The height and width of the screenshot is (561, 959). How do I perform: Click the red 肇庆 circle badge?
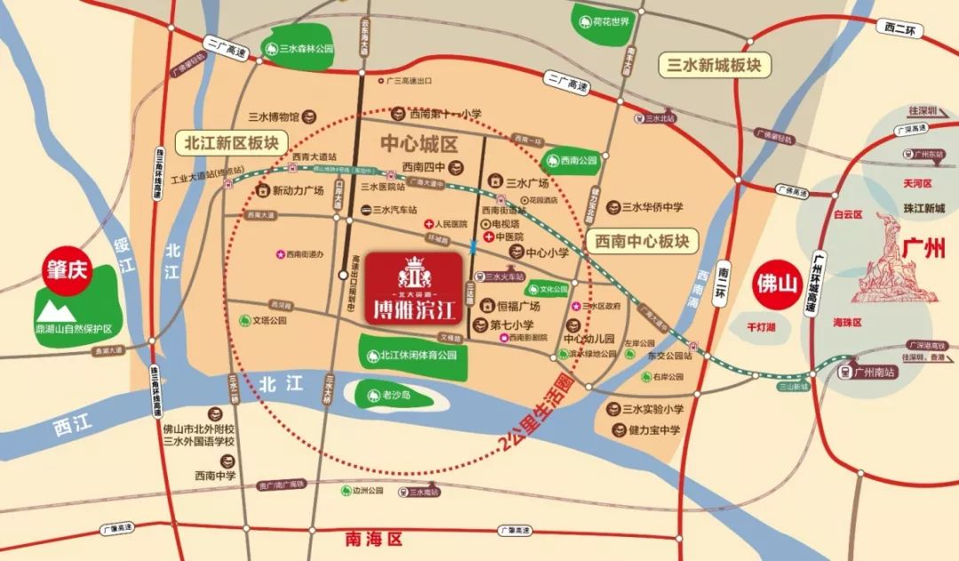click(69, 270)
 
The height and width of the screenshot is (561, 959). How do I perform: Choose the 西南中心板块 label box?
click(642, 240)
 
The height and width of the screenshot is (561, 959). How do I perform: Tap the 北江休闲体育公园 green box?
click(413, 355)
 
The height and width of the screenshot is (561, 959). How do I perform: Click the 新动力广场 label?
click(293, 190)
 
